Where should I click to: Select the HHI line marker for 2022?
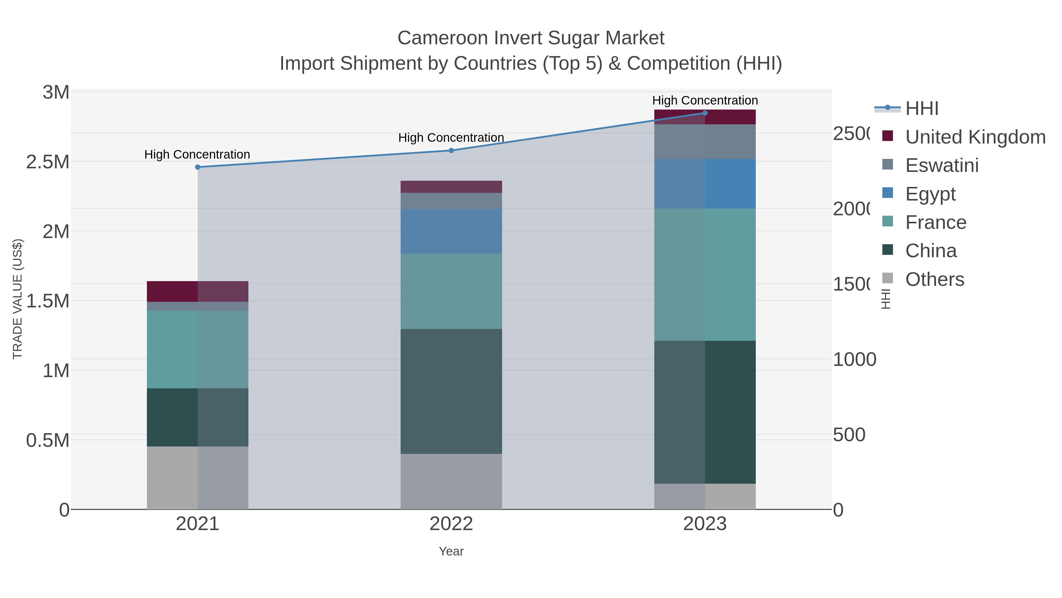pyautogui.click(x=451, y=151)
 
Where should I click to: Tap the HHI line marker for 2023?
pyautogui.click(x=704, y=113)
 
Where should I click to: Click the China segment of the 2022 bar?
pyautogui.click(x=451, y=391)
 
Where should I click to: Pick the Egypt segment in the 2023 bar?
pyautogui.click(x=704, y=184)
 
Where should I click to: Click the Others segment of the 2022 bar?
pyautogui.click(x=451, y=481)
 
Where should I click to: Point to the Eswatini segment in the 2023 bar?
pyautogui.click(x=704, y=141)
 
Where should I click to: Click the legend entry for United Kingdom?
pyautogui.click(x=975, y=137)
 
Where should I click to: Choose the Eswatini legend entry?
pyautogui.click(x=942, y=165)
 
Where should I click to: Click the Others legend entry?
pyautogui.click(x=935, y=279)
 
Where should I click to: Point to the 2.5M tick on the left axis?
pyautogui.click(x=48, y=162)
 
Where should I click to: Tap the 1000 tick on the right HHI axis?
pyautogui.click(x=854, y=359)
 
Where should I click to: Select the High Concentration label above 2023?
pyautogui.click(x=704, y=100)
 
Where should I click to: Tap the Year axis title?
pyautogui.click(x=451, y=551)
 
